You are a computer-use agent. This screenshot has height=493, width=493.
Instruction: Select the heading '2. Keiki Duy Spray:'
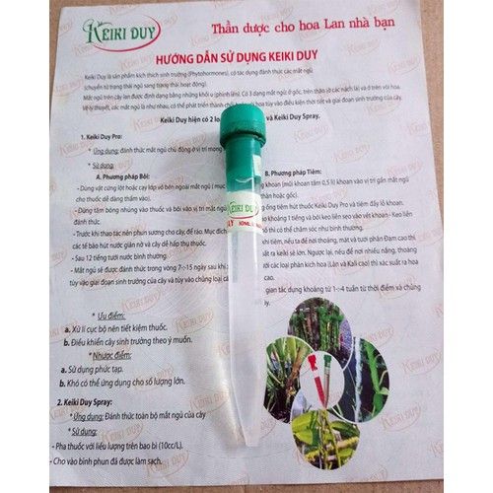click(90, 404)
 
